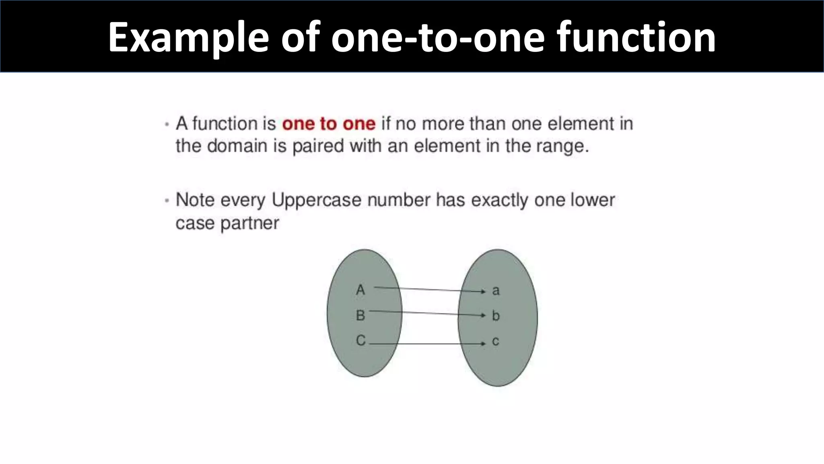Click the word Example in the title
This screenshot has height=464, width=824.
coord(188,37)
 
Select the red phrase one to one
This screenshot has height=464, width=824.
coord(329,124)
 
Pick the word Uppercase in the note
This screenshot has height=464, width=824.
coord(317,200)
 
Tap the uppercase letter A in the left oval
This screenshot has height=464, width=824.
coord(360,290)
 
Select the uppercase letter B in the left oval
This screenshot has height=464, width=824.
coord(360,315)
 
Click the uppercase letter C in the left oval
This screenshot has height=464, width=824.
coord(361,341)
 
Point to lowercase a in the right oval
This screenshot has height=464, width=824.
coord(496,290)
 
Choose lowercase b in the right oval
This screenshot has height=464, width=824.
coord(496,315)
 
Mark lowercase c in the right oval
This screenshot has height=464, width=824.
coord(496,342)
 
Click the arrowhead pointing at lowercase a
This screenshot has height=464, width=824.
coord(484,291)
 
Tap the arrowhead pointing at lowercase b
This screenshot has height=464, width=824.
coord(484,315)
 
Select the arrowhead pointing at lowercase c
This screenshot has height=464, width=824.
coord(484,344)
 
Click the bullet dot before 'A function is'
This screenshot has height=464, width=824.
coord(167,124)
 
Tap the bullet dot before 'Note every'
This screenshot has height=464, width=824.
coord(167,201)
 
